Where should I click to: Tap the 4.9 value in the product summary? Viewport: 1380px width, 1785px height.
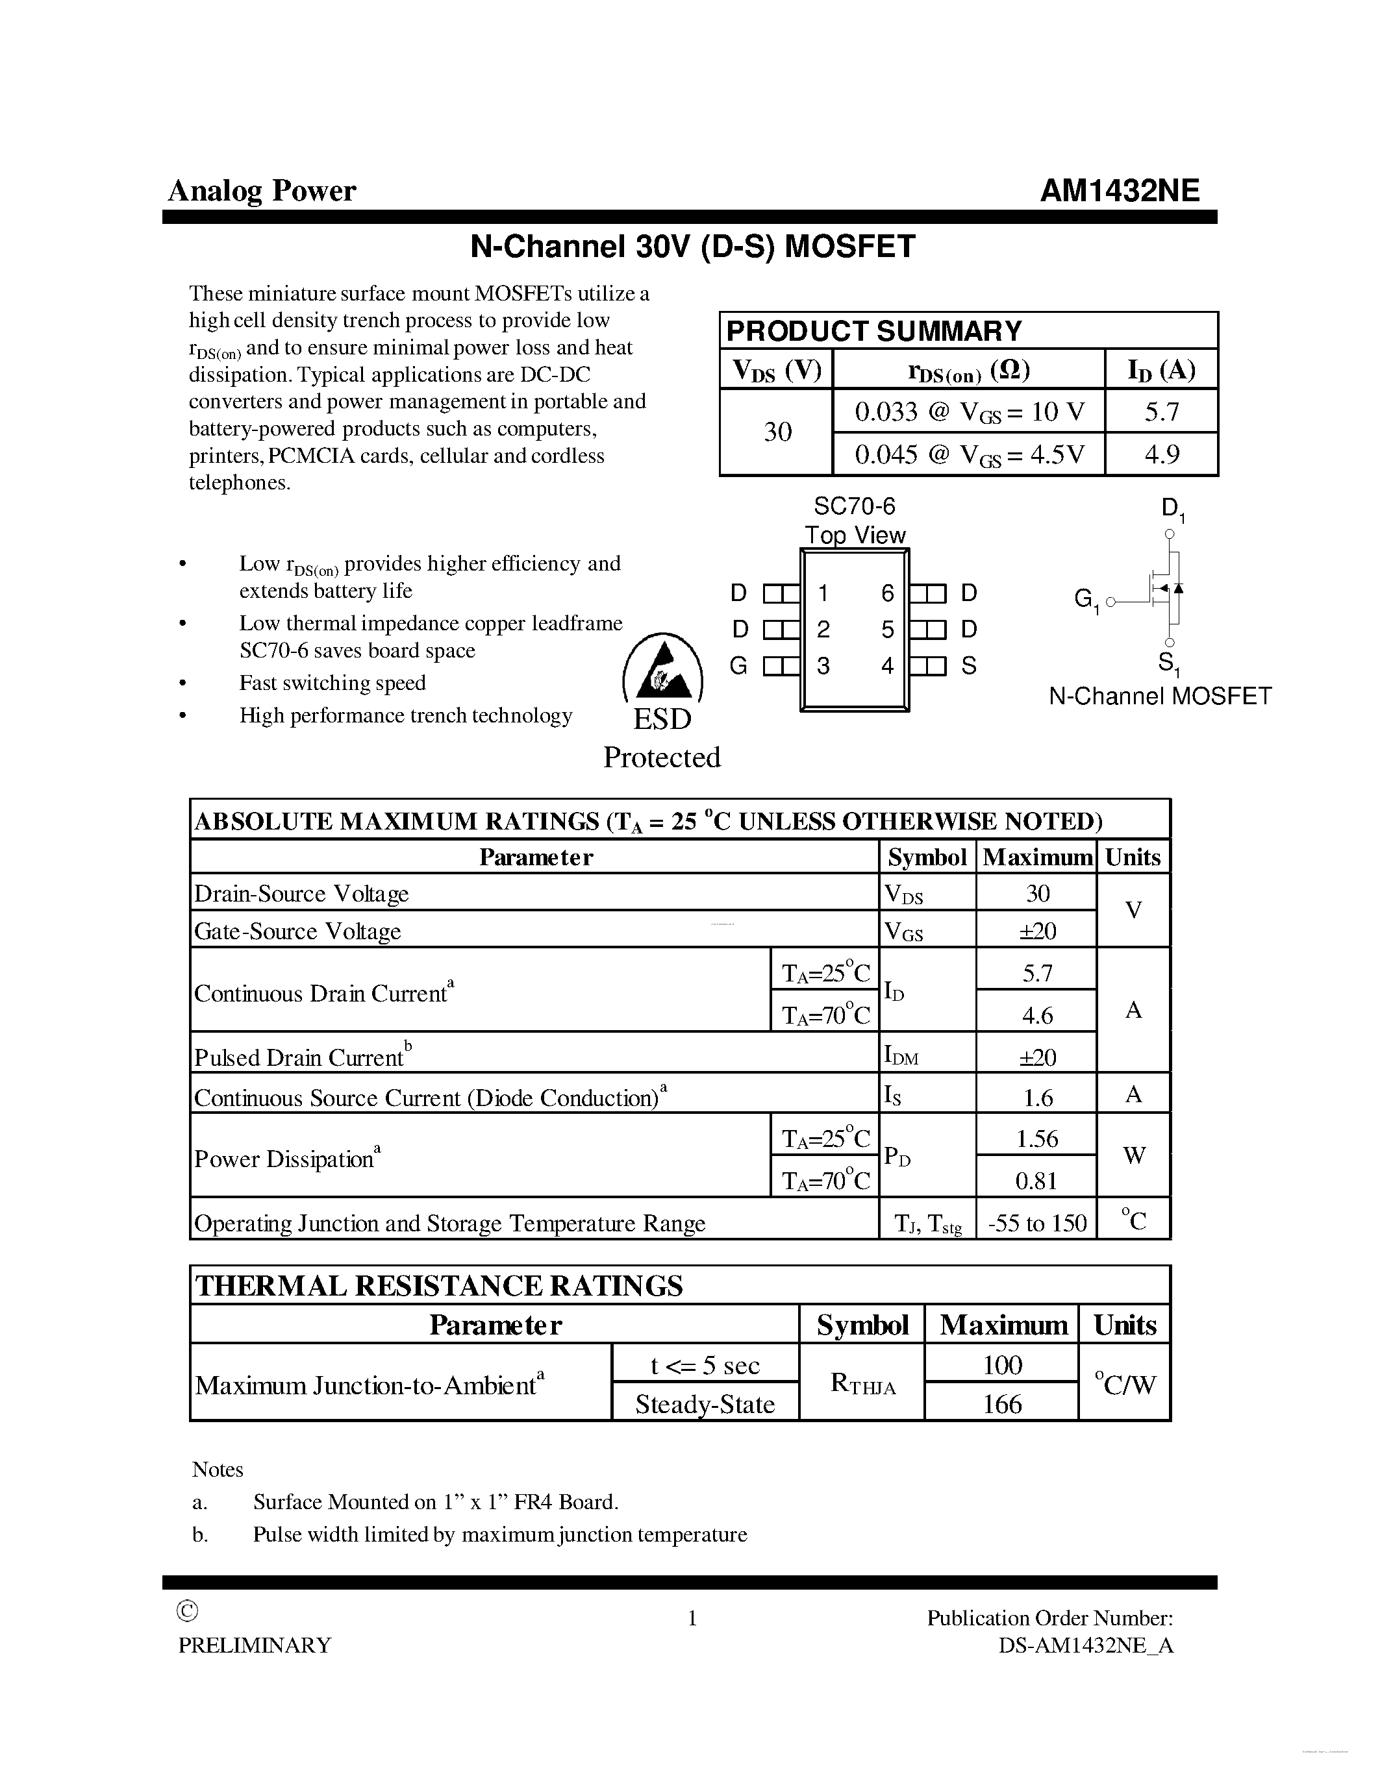click(x=1161, y=454)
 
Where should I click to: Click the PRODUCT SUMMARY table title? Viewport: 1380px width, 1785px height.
click(x=874, y=331)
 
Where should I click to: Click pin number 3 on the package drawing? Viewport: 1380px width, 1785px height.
click(x=823, y=666)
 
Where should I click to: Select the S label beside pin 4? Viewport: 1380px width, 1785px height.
click(x=969, y=666)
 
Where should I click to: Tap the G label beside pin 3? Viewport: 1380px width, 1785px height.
click(x=738, y=666)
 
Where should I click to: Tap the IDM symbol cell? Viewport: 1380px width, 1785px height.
click(x=902, y=1056)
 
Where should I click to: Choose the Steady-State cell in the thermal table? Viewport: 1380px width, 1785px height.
click(x=705, y=1404)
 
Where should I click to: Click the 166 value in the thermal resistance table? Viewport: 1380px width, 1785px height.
click(x=1001, y=1404)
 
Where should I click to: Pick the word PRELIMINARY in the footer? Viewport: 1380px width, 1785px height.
click(x=255, y=1645)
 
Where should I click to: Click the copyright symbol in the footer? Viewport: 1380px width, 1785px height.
click(x=187, y=1611)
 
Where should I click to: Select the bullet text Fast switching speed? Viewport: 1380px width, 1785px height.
click(x=332, y=682)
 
